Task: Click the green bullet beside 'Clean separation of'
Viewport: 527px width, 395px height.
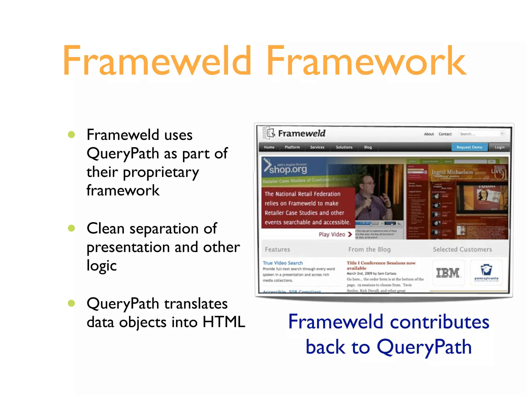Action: click(71, 228)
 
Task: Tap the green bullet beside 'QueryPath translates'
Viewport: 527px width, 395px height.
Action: click(71, 303)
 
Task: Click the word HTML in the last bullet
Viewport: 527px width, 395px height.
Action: click(224, 322)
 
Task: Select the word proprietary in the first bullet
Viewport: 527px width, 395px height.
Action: click(161, 172)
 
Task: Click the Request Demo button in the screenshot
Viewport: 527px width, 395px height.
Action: click(469, 147)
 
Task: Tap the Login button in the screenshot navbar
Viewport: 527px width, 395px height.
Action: click(499, 147)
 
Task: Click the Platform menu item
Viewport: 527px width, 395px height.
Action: click(292, 147)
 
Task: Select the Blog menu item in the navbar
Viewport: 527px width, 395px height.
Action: click(368, 147)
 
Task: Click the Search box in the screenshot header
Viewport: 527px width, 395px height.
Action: click(479, 134)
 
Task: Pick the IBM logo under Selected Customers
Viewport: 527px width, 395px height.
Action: click(448, 273)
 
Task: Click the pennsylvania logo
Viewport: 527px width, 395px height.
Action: click(486, 273)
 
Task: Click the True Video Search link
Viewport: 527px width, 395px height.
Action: click(283, 263)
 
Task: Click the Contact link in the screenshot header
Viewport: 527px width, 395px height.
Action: click(445, 134)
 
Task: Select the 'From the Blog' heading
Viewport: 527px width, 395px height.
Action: click(369, 249)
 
